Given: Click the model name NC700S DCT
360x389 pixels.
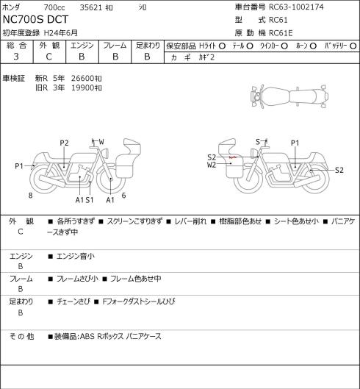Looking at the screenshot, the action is tap(35, 20).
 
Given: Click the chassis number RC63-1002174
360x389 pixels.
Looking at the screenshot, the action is tap(296, 7).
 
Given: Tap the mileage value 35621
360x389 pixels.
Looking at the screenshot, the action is tap(90, 7).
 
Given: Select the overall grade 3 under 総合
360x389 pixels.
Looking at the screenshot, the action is tap(16, 57).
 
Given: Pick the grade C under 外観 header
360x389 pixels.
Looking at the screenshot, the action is tap(48, 57).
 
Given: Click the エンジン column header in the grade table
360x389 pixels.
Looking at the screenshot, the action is tap(82, 46).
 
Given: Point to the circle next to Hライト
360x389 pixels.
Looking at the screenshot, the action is tap(222, 46).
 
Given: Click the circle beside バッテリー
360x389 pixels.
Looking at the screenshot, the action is tap(353, 46).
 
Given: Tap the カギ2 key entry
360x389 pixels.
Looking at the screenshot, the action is tap(206, 57).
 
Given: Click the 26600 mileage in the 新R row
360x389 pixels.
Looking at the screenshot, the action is tap(82, 79).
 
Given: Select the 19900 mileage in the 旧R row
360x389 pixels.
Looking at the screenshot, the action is tap(82, 88).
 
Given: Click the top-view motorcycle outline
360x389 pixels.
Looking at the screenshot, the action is tap(289, 96).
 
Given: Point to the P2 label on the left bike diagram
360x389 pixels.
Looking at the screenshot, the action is tap(64, 143).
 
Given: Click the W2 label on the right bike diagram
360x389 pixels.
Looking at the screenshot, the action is tap(212, 165).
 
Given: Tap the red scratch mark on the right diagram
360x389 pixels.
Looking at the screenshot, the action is tap(233, 157).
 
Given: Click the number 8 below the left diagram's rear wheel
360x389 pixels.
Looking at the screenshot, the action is tap(31, 196).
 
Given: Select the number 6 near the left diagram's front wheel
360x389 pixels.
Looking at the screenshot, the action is tap(123, 196).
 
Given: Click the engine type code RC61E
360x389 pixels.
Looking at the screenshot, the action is tap(281, 33).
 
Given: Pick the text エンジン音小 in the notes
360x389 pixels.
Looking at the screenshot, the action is tap(76, 257).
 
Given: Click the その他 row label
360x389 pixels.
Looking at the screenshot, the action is tap(21, 337).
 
